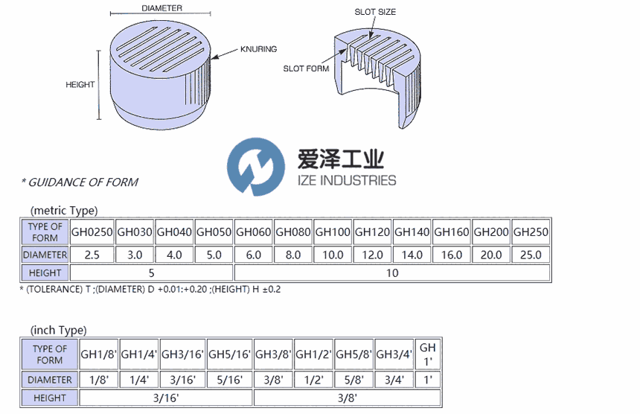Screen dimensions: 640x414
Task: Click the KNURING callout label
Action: pos(258,49)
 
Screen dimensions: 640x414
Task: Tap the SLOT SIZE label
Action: pos(375,12)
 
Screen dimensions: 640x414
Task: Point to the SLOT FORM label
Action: pos(306,69)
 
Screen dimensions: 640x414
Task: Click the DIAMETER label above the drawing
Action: pos(162,8)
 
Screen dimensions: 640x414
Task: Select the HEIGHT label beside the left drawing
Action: pos(80,85)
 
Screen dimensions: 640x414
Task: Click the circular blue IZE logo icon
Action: pos(256,167)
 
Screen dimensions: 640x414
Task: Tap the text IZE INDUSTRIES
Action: pos(347,180)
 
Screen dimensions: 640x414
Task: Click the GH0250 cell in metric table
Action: pos(92,232)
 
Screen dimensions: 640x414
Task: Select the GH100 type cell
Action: pos(333,232)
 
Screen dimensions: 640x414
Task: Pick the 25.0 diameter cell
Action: pos(531,255)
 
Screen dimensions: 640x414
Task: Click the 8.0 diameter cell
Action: pos(293,255)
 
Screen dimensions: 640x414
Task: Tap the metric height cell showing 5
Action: pos(151,273)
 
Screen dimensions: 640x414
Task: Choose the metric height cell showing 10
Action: pos(392,273)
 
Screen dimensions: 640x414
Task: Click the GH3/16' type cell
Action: pos(182,354)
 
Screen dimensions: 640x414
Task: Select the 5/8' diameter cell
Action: pos(353,380)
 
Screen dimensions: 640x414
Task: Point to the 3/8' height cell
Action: pos(347,398)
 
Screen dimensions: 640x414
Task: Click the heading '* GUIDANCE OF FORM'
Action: pos(80,182)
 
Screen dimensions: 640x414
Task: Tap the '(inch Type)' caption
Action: pos(58,330)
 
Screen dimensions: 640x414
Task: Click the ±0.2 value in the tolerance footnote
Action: pos(271,290)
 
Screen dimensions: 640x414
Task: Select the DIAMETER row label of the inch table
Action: pos(49,380)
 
